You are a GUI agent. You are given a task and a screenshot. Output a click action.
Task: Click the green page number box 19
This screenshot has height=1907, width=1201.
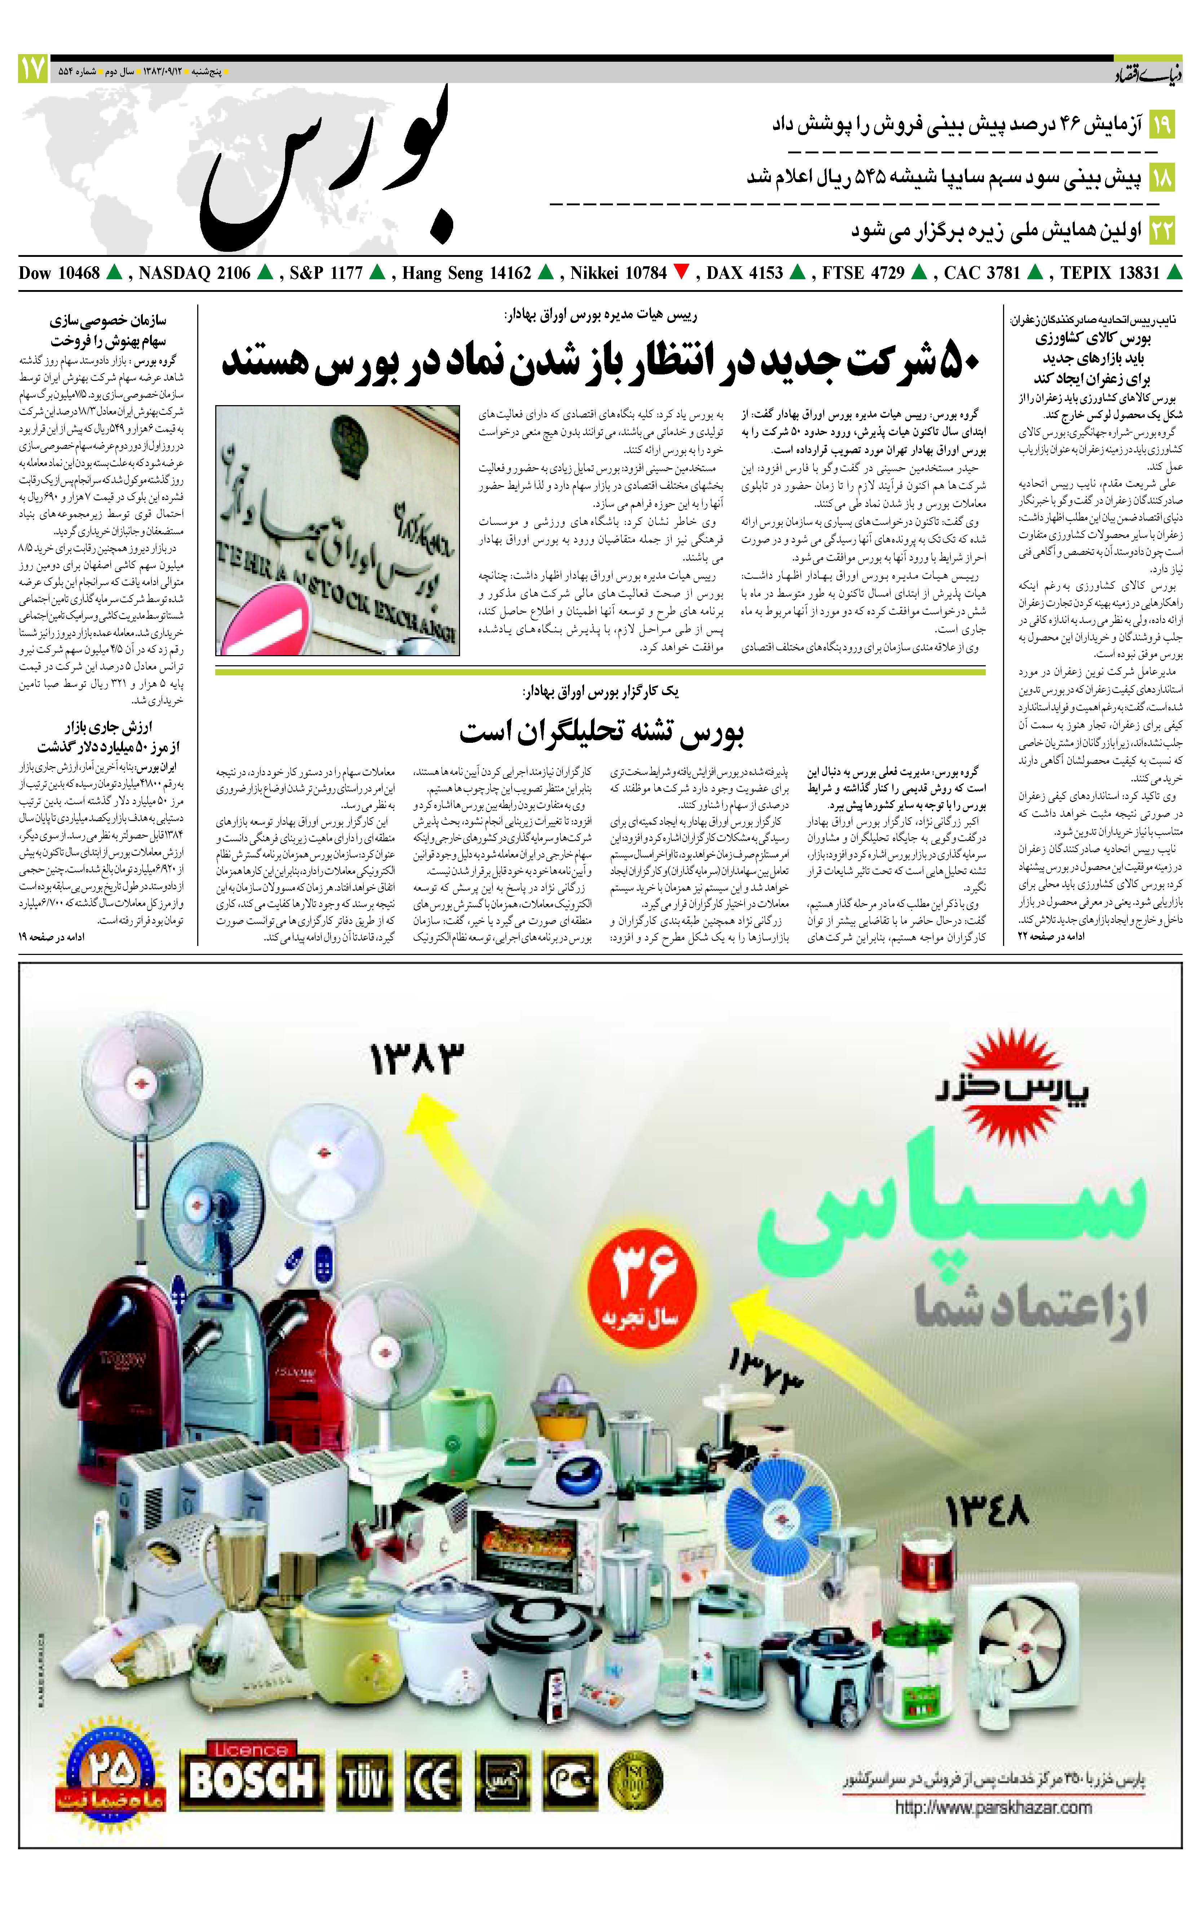coord(1161,124)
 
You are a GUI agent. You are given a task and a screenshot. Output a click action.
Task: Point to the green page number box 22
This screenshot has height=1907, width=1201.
coord(1161,231)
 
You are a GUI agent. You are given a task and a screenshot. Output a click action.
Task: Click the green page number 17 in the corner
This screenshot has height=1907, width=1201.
coord(32,70)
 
